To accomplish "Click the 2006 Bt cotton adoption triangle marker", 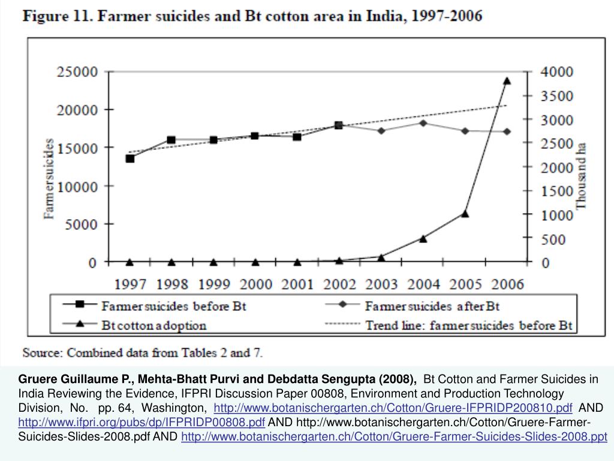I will point(507,80).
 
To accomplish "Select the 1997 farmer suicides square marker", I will point(130,158).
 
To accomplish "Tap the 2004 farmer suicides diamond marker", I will point(423,123).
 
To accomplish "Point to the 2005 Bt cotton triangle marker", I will point(465,213).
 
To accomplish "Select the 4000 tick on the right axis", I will point(557,72).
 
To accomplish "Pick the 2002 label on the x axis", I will point(339,284).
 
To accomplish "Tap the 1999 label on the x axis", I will point(213,284).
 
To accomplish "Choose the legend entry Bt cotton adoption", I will point(153,326).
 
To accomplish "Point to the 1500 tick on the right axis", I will point(557,191).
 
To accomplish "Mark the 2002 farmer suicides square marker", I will point(339,125).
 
